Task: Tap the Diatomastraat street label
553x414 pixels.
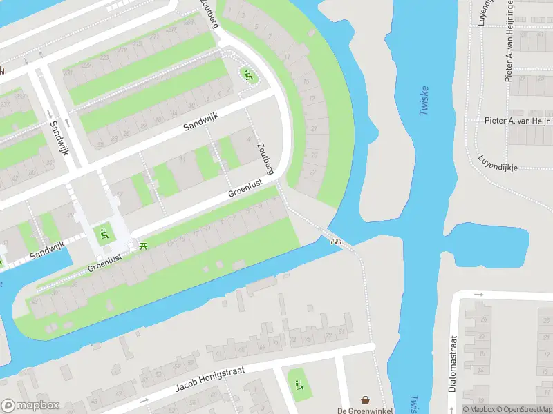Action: click(x=453, y=364)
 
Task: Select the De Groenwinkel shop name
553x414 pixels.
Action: click(x=364, y=411)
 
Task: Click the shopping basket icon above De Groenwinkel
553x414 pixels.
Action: click(x=364, y=400)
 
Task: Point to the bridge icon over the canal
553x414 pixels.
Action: click(x=337, y=241)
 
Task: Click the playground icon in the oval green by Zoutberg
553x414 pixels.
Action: click(x=248, y=75)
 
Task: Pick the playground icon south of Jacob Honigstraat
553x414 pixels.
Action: click(x=299, y=384)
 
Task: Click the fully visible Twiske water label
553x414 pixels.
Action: click(x=424, y=100)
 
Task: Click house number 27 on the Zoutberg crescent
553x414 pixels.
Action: click(x=312, y=172)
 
